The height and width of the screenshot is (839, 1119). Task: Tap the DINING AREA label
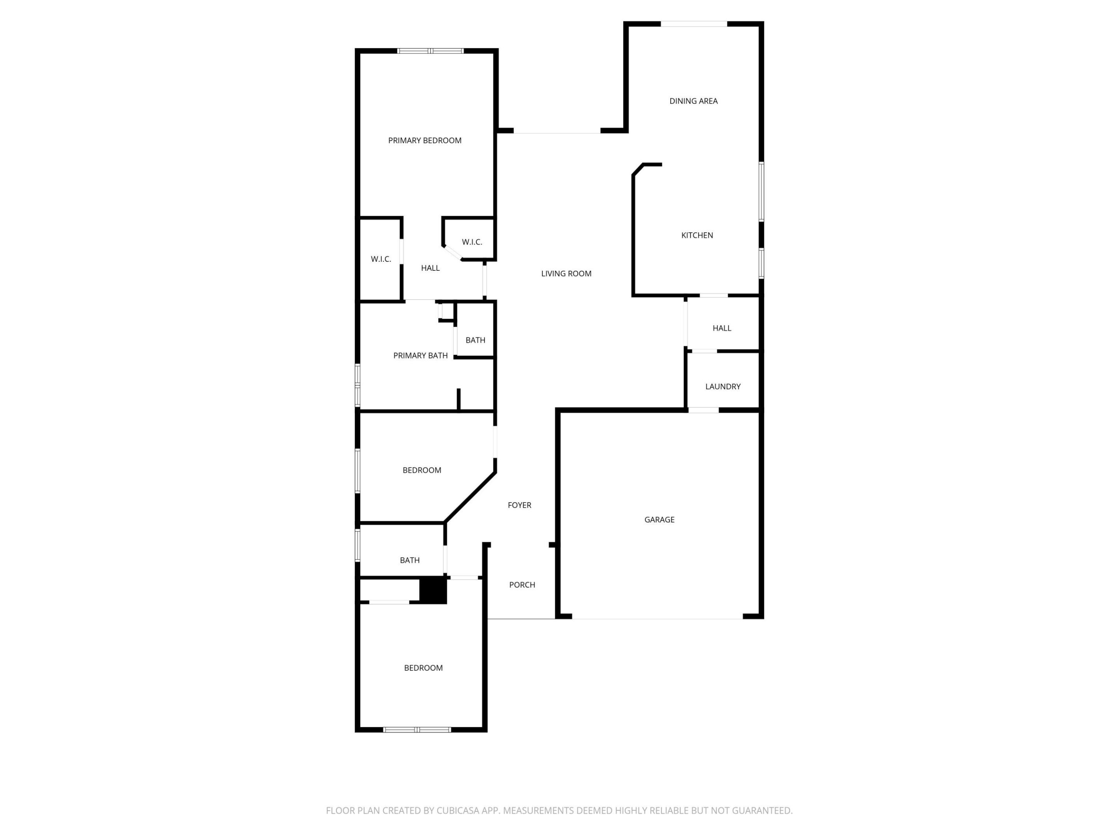coord(693,101)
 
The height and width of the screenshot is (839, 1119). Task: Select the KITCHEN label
coord(697,235)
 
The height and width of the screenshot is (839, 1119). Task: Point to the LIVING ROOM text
coord(566,273)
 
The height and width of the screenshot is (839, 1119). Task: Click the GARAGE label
coord(659,519)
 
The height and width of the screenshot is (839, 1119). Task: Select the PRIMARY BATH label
coord(420,355)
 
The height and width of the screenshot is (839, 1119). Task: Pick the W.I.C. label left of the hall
coord(380,259)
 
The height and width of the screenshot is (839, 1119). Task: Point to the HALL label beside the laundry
coord(722,328)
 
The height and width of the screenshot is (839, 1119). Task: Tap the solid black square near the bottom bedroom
coord(433,590)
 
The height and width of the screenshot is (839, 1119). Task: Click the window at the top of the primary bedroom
coord(430,50)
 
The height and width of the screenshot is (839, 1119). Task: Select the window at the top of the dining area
coord(694,24)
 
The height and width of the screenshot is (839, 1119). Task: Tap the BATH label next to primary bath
coord(475,340)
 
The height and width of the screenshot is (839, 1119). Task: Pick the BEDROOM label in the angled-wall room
coord(422,470)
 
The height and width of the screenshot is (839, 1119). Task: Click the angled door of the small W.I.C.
coord(452,253)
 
